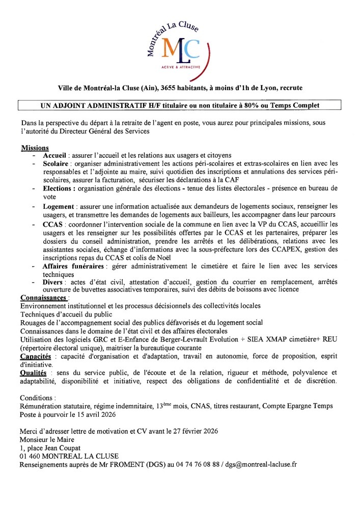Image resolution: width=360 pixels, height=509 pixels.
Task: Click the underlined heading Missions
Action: click(x=35, y=148)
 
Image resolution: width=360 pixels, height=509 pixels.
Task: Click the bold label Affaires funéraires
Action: click(x=75, y=266)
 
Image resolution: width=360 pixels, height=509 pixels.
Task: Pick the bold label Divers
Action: click(x=53, y=282)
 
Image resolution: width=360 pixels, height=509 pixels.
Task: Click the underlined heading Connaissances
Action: click(x=44, y=297)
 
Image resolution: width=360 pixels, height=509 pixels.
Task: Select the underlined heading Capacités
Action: click(x=37, y=356)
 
